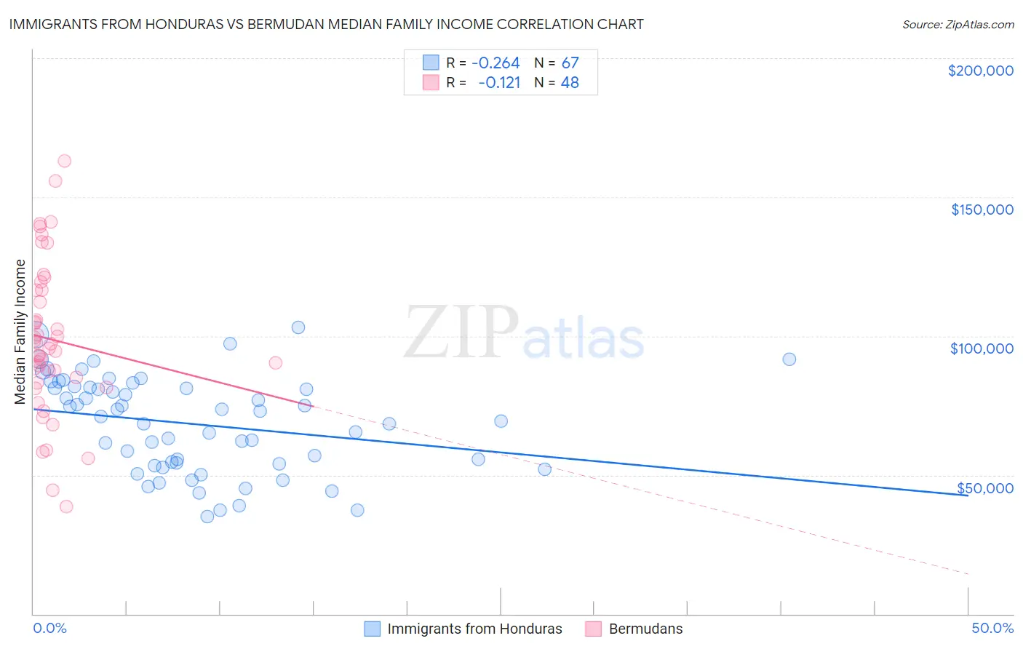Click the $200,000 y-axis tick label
tap(980, 71)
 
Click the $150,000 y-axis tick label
tap(982, 210)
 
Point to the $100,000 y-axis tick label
tap(982, 349)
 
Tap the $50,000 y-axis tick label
tap(984, 487)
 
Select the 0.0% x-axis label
tap(49, 628)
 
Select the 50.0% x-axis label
tap(992, 628)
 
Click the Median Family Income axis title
tap(20, 332)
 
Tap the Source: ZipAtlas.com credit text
tap(958, 24)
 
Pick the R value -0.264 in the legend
tap(495, 63)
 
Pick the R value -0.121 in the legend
tap(499, 82)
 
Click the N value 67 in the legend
tap(570, 63)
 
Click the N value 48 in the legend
tap(570, 82)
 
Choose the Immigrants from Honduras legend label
tap(474, 629)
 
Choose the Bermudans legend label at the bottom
tap(645, 629)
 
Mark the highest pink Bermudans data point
tap(64, 161)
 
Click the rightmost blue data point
tap(789, 359)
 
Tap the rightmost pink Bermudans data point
tap(275, 362)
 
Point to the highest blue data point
tap(298, 327)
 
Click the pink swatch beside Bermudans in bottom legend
tap(593, 629)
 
